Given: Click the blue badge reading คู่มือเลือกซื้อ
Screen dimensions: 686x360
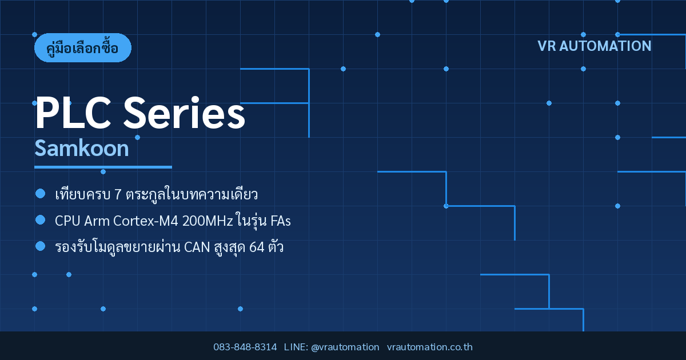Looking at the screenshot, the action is (x=83, y=48).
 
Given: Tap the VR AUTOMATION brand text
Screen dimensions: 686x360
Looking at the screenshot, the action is (x=595, y=46).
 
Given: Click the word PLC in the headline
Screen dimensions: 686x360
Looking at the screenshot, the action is (x=73, y=113).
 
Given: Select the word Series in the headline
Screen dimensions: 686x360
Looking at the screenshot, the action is (x=184, y=113).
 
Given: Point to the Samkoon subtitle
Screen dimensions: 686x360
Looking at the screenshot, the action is (x=81, y=149).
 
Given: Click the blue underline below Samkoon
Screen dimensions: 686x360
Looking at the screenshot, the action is (x=103, y=167).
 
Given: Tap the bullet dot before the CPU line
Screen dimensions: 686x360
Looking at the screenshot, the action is (x=41, y=220).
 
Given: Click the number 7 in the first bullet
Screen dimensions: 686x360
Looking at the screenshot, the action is (x=118, y=195).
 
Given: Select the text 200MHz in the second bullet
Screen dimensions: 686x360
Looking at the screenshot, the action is (x=208, y=221).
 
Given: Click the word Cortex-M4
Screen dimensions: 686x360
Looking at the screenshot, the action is (x=145, y=221).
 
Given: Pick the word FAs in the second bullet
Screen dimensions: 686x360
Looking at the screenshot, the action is (x=281, y=221).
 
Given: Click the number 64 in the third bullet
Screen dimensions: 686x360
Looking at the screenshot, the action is (x=257, y=247).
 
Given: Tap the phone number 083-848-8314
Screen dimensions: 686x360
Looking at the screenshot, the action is (x=245, y=347).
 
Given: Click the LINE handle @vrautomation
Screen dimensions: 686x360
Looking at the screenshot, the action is (x=345, y=347).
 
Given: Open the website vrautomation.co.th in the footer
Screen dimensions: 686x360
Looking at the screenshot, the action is (x=430, y=347).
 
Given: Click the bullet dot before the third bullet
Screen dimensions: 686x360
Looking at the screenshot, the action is (x=41, y=246).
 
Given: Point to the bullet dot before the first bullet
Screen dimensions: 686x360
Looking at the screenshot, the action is (x=41, y=194).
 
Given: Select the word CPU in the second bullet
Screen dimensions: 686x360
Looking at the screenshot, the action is (x=67, y=221).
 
